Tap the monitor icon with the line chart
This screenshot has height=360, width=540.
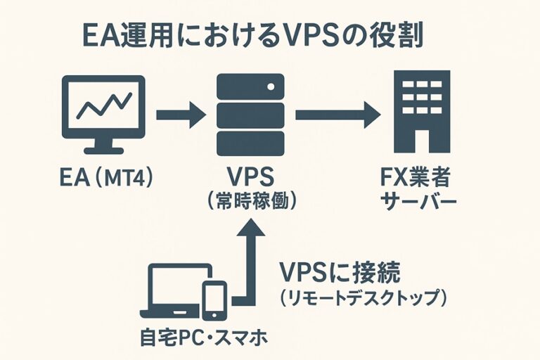(103, 112)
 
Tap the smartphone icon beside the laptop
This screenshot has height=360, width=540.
(214, 300)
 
